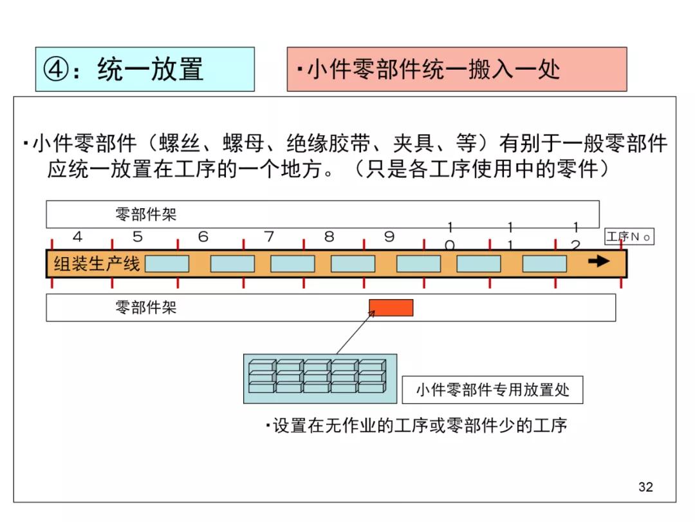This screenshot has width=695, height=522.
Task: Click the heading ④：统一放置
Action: pyautogui.click(x=144, y=69)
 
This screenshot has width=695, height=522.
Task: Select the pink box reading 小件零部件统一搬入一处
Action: pyautogui.click(x=456, y=69)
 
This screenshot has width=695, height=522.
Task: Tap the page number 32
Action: pyautogui.click(x=645, y=487)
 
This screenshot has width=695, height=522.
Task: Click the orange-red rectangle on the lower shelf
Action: pyautogui.click(x=391, y=308)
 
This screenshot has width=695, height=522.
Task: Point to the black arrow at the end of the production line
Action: pyautogui.click(x=599, y=261)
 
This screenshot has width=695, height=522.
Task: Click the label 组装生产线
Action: pyautogui.click(x=97, y=264)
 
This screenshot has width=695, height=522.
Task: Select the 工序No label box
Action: pyautogui.click(x=629, y=237)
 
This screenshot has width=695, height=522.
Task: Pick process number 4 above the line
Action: pyautogui.click(x=78, y=237)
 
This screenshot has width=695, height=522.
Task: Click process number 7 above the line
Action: pyautogui.click(x=269, y=237)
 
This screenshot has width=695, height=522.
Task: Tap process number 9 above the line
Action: pyautogui.click(x=389, y=237)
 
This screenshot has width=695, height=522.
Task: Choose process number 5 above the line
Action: pyautogui.click(x=138, y=237)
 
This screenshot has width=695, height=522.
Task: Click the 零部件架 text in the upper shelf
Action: pyautogui.click(x=145, y=214)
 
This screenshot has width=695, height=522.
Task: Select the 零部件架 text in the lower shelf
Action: pyautogui.click(x=145, y=307)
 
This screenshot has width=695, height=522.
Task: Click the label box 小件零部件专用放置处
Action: pyautogui.click(x=492, y=390)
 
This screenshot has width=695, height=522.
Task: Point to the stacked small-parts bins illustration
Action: pyautogui.click(x=320, y=378)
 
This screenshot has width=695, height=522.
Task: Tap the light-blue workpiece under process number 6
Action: pyautogui.click(x=232, y=264)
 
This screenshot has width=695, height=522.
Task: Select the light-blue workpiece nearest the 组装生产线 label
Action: pyautogui.click(x=167, y=264)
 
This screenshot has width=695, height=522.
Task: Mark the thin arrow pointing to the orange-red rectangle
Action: pyautogui.click(x=354, y=333)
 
